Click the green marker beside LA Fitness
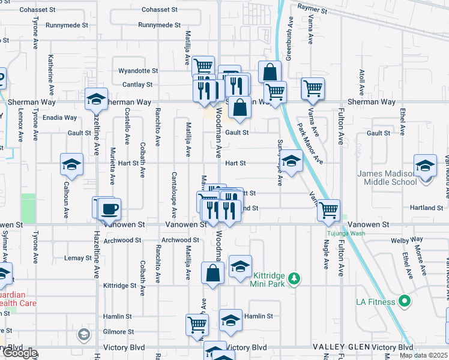pos(405,300)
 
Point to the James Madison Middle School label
pos(387,178)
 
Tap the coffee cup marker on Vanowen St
pos(109,209)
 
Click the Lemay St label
pos(77,258)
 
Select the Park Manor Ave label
pos(311,144)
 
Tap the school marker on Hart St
pos(292,161)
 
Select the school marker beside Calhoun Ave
pos(71,164)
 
